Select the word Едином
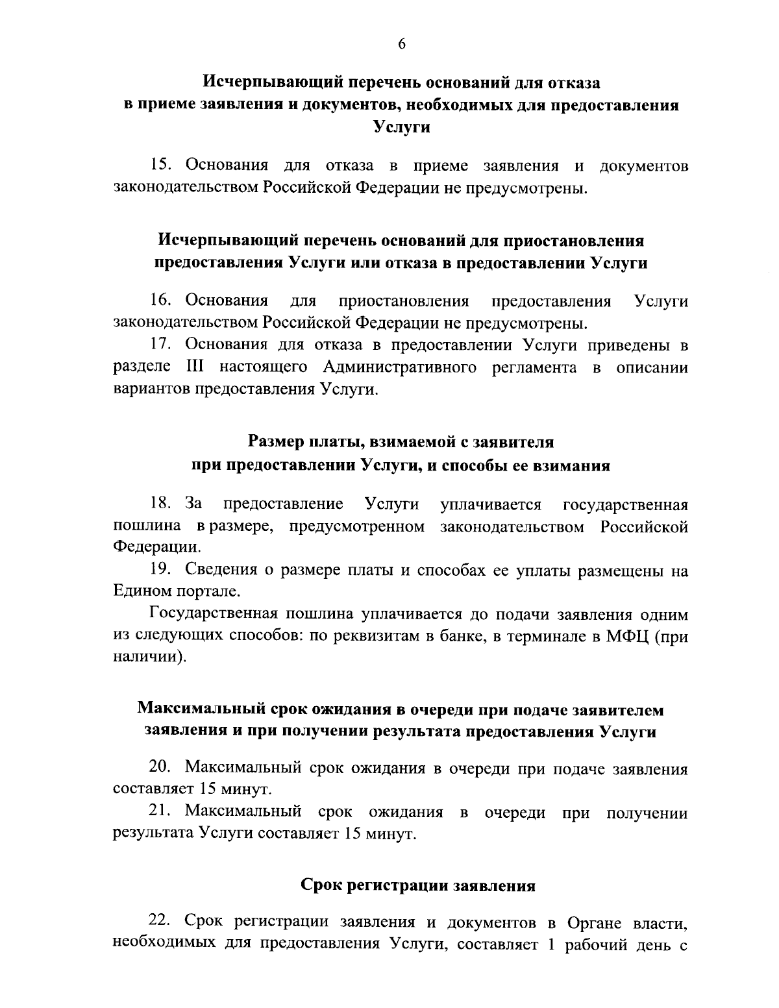pos(140,592)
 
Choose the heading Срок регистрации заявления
pos(418,885)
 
